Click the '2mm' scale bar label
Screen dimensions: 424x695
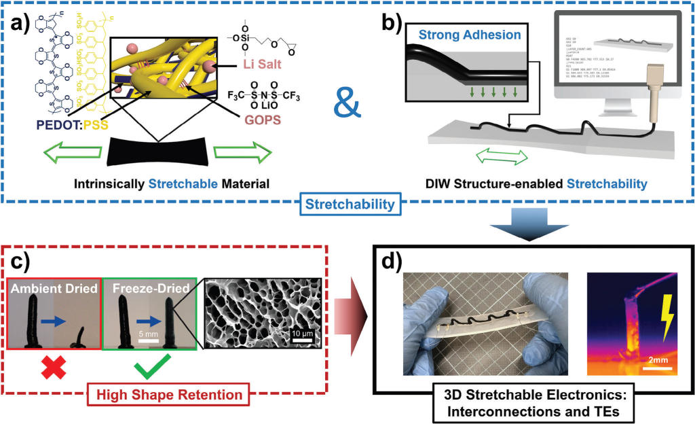coord(657,359)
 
